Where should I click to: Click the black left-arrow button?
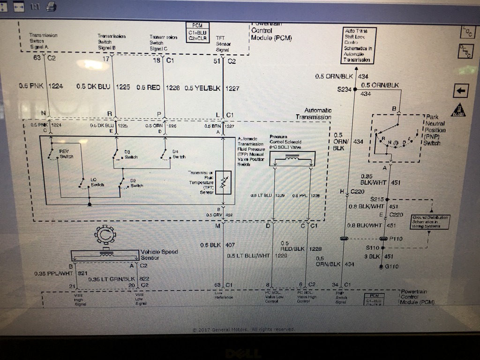461,90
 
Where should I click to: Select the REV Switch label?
65,154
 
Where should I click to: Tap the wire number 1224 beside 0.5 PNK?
58,86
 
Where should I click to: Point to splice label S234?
344,89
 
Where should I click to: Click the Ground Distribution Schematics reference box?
430,221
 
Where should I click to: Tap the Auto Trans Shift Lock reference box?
358,45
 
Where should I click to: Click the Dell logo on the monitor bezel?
239,353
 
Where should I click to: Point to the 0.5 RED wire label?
148,87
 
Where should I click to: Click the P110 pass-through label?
397,238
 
